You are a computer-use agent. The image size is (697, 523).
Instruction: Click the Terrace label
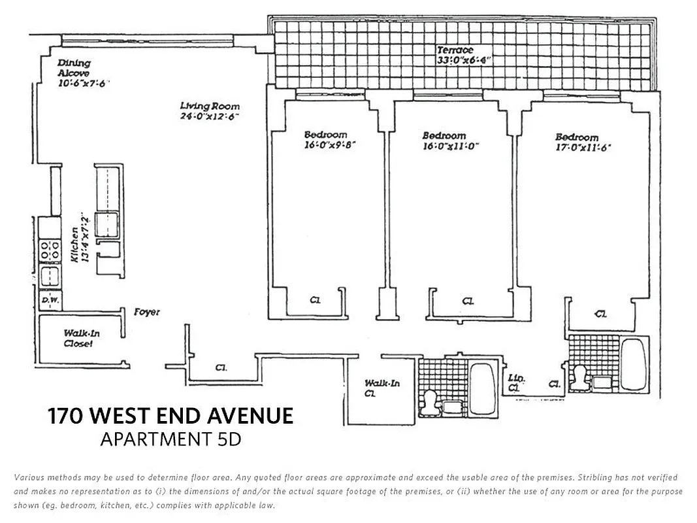tap(455, 50)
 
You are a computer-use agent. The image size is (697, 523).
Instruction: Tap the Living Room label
tap(210, 106)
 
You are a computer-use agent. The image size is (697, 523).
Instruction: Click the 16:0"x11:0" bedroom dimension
tap(450, 146)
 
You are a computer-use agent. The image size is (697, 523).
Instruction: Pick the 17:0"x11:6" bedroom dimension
tap(583, 148)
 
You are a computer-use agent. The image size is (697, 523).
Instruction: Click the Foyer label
tap(147, 312)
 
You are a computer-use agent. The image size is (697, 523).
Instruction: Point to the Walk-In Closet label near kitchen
tap(81, 338)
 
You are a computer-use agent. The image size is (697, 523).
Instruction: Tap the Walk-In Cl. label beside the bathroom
tap(382, 388)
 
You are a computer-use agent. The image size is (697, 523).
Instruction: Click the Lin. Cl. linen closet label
tap(517, 383)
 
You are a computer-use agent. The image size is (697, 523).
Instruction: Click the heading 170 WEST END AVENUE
tap(170, 416)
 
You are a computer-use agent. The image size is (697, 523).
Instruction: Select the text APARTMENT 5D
tap(170, 439)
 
